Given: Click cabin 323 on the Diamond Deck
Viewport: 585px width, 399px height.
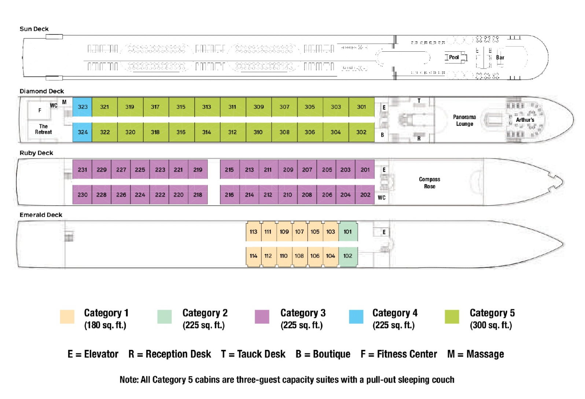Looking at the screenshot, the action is point(82,107).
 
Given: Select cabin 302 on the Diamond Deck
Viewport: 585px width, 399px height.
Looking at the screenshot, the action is point(361,132).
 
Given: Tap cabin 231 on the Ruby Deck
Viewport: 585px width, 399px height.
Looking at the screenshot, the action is point(82,170).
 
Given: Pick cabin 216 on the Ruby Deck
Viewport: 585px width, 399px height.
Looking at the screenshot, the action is point(229,195).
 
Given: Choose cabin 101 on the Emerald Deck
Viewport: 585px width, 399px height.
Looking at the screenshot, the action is point(347,232).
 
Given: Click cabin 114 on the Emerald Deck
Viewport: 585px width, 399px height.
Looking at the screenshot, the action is point(253,256).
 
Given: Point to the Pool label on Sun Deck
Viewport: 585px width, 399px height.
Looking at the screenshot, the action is point(454,57).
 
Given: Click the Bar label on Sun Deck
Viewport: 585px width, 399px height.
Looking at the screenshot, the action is point(500,58).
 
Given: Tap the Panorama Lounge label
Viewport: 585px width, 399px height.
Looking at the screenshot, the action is point(464,120).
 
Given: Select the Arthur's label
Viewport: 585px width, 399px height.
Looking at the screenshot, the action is point(525,120).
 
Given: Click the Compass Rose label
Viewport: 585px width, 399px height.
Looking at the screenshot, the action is point(430,183).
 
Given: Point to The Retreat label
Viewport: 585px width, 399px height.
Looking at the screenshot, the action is point(43,129).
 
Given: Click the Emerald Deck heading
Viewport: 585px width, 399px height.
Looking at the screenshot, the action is point(41,215).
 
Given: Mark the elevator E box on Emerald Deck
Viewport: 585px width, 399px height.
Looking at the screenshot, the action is point(384,232).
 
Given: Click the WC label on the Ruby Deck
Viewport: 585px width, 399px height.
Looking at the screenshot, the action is point(382,198).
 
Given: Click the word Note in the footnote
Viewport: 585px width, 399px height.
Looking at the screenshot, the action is point(128,380).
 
